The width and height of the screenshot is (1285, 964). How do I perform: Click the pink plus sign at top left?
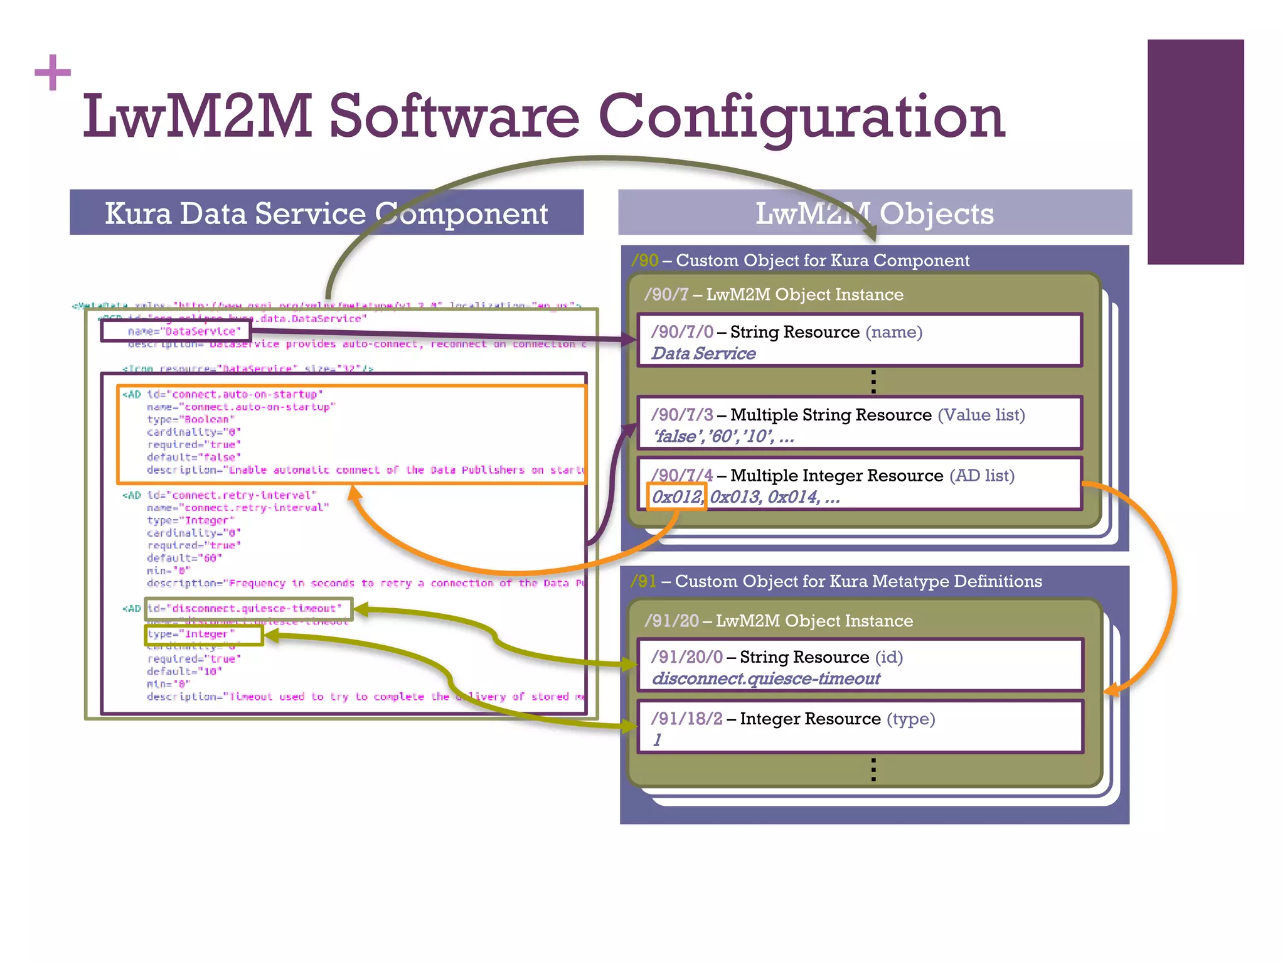(53, 72)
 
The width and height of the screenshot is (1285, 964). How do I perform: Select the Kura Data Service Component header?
(326, 213)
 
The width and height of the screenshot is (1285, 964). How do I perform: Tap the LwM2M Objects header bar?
(875, 213)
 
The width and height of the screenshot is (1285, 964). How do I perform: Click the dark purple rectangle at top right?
(1195, 152)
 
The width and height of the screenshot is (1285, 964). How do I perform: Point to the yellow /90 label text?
(644, 260)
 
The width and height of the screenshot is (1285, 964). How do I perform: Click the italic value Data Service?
(703, 354)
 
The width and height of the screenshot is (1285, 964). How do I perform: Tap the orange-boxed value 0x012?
(676, 497)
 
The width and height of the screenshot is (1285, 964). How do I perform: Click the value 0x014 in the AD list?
(793, 497)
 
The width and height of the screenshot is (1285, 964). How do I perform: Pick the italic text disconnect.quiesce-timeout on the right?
(766, 678)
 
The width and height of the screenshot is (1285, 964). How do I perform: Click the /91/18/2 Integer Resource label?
(766, 719)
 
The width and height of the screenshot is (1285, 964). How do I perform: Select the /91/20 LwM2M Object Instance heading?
(779, 621)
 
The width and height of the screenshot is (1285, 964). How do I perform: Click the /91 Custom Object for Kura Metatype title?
(836, 581)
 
